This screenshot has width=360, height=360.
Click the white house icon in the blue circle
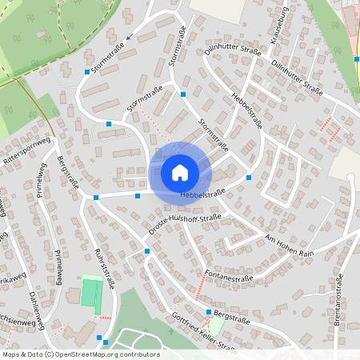[x=180, y=172]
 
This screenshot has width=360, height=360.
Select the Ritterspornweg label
[x=27, y=148]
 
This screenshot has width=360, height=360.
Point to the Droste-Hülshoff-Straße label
[x=185, y=224]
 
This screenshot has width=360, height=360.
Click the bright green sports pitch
[x=93, y=293]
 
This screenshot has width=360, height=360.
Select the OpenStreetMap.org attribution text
[x=107, y=354]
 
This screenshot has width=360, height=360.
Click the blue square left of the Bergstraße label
[x=209, y=312]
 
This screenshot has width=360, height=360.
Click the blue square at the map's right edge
[x=357, y=58]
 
